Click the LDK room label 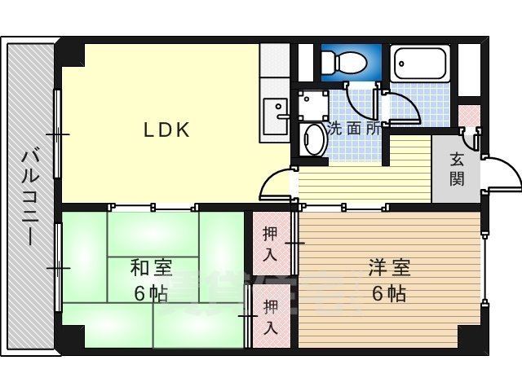(167, 130)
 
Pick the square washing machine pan (312, 104)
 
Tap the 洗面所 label (354, 128)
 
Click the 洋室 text (388, 266)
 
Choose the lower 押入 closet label (269, 318)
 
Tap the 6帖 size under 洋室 (388, 293)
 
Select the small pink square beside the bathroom (469, 114)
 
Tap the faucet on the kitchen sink (281, 116)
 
